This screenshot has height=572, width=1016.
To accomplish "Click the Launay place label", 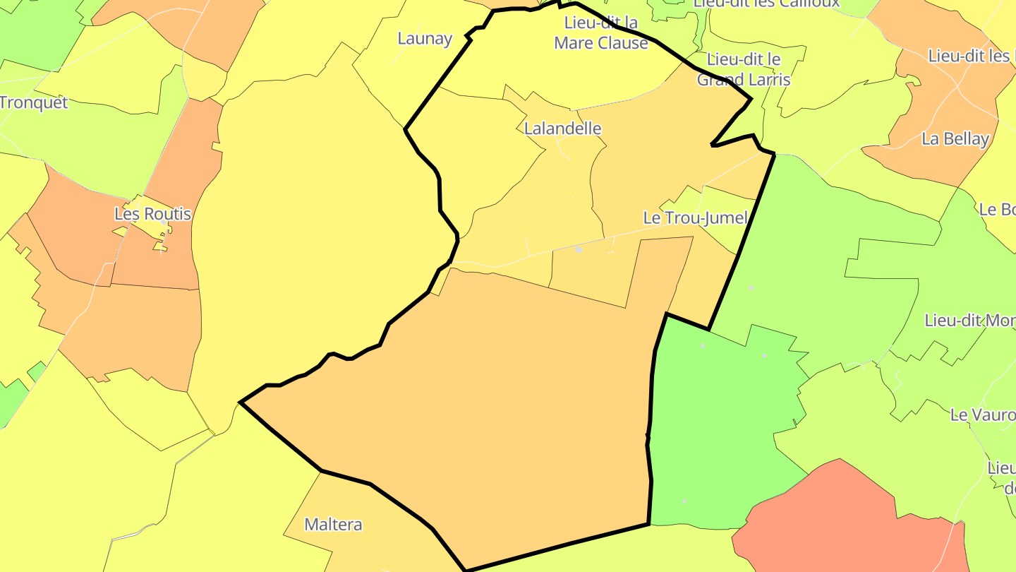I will [425, 38].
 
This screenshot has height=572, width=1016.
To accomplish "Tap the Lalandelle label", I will [562, 128].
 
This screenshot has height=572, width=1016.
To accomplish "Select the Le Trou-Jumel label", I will [695, 218].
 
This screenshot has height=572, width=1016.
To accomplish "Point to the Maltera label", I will [333, 524].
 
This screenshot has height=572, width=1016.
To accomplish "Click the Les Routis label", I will [152, 213].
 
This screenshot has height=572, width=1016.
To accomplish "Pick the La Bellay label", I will [955, 138].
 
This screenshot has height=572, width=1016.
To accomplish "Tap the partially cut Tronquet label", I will [33, 102].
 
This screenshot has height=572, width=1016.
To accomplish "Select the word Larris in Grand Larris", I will [766, 80].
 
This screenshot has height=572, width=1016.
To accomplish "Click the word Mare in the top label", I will [572, 43].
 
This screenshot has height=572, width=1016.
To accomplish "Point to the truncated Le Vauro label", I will [983, 415].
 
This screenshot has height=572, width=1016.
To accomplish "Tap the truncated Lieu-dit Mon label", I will [969, 320].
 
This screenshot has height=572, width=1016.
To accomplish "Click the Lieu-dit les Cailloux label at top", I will [766, 3].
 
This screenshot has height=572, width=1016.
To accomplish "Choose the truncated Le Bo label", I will [996, 209].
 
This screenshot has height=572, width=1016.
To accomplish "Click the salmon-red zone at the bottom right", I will [847, 523].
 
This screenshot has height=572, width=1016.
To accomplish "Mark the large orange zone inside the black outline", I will [494, 410].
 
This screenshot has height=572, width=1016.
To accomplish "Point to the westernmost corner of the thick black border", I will [241, 403].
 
